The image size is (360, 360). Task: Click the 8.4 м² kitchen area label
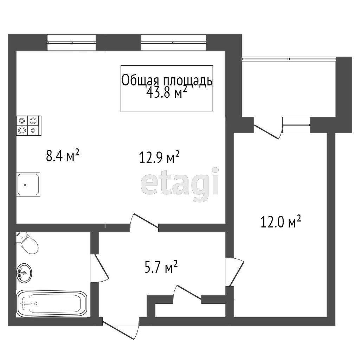click(63, 155)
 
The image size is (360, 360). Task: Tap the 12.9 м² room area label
click(159, 157)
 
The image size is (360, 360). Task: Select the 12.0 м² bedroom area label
click(281, 221)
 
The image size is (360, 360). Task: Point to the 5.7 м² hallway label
click(161, 267)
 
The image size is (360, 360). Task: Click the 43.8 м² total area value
click(167, 92)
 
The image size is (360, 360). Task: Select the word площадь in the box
click(188, 81)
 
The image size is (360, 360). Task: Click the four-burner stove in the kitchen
click(29, 126)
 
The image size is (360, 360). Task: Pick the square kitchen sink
click(28, 184)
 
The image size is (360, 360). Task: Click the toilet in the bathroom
click(27, 243)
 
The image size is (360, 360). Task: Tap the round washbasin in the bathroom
click(24, 272)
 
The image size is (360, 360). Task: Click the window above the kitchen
click(71, 43)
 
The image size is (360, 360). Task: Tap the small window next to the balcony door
click(296, 125)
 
